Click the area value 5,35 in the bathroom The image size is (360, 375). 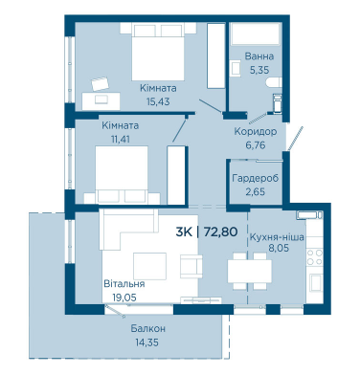[x=259, y=70]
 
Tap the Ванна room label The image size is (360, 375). [x=259, y=56]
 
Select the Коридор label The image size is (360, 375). [x=256, y=131]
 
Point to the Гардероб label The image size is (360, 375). [x=256, y=178]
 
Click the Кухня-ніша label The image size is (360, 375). [x=277, y=237]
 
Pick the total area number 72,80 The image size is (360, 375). [x=220, y=232]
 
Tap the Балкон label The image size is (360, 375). [x=148, y=328]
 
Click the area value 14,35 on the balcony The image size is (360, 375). [x=146, y=342]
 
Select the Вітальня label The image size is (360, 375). [x=124, y=283]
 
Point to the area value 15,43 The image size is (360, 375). [x=158, y=101]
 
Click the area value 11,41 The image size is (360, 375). [x=120, y=140]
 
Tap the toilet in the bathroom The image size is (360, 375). [x=274, y=82]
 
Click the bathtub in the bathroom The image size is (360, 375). [x=256, y=33]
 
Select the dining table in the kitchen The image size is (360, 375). [x=250, y=271]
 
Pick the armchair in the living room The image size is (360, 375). [x=191, y=266]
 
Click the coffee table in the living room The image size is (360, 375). [x=149, y=266]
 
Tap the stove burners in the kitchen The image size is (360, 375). [x=314, y=257]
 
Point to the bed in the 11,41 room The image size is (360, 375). [x=122, y=175]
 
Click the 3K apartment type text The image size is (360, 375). [x=184, y=232]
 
